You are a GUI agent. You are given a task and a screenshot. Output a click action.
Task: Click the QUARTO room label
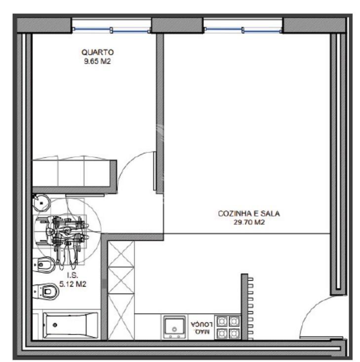[x=98, y=52]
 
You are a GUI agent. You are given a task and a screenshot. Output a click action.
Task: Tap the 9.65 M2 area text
[x=97, y=62]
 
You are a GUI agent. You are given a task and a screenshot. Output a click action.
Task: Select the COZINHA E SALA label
[x=249, y=214]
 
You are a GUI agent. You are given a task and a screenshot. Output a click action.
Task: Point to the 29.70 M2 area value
[x=249, y=222]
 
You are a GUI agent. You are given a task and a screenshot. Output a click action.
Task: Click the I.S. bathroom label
[x=73, y=275]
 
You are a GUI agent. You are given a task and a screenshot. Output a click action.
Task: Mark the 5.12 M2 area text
[x=73, y=284]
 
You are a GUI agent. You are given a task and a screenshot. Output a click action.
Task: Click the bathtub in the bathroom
[x=71, y=326]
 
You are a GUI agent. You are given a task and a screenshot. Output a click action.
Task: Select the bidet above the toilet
[x=44, y=264]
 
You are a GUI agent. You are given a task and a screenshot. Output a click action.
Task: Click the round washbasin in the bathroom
[x=41, y=203]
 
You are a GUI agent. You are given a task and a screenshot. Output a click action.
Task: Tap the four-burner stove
[x=228, y=327]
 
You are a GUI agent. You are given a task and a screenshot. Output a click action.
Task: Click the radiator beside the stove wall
[x=251, y=308]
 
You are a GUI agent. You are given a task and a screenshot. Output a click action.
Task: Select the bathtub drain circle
[x=55, y=325]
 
